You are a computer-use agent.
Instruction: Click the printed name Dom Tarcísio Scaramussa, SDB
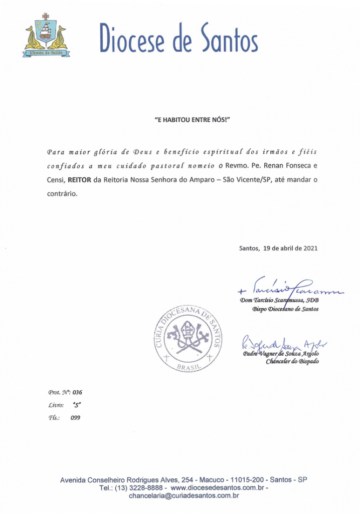(x=280, y=301)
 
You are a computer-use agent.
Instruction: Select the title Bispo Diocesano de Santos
(x=285, y=309)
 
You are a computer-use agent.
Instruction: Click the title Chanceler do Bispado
(x=292, y=362)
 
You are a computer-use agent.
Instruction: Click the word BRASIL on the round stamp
(x=187, y=368)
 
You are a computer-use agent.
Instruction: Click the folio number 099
(x=76, y=417)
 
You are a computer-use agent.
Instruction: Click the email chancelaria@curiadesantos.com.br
(x=184, y=496)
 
